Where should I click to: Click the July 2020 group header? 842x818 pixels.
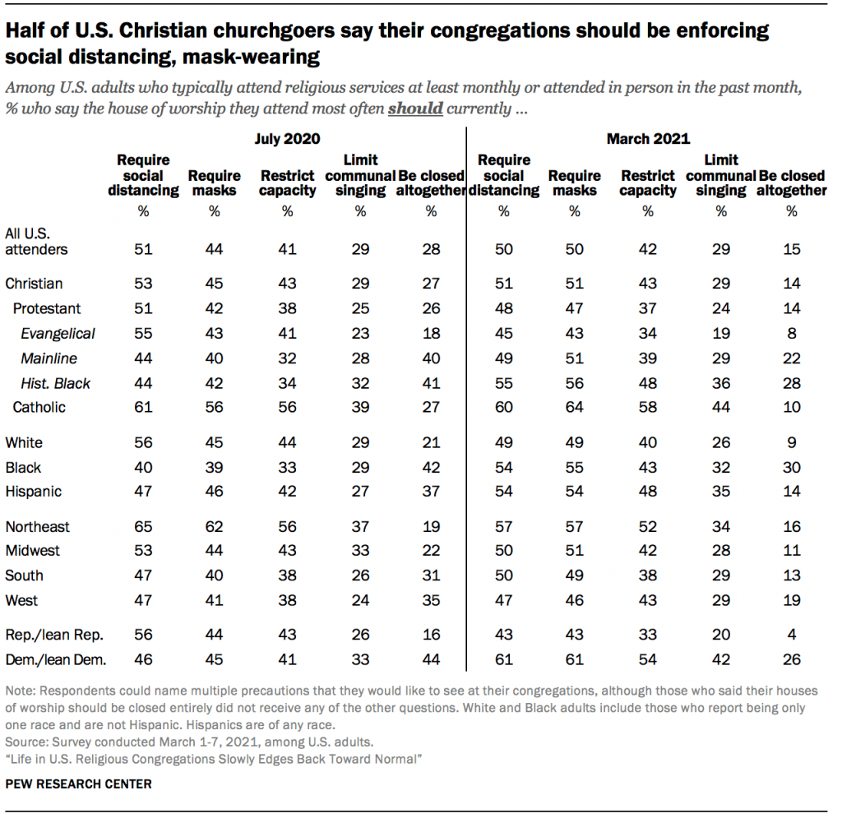click(x=287, y=139)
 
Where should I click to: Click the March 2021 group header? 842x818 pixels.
click(x=648, y=139)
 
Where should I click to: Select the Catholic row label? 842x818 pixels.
click(x=39, y=407)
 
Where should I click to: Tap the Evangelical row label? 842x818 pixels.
click(x=58, y=333)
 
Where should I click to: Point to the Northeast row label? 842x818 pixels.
click(x=37, y=526)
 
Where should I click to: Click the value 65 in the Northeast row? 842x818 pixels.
click(x=143, y=526)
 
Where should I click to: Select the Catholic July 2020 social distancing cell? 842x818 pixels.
click(x=143, y=407)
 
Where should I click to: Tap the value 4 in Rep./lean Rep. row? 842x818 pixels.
click(x=792, y=634)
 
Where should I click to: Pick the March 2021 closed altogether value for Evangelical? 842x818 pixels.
click(x=792, y=333)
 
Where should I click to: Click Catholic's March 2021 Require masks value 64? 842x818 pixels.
click(x=575, y=407)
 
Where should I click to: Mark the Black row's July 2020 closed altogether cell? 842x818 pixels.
click(x=431, y=467)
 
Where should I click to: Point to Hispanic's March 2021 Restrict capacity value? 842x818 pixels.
click(x=648, y=492)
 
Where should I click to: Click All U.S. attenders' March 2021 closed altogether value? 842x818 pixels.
click(x=792, y=249)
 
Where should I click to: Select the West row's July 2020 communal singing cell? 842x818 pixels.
click(x=359, y=600)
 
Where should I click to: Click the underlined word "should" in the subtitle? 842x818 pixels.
click(x=415, y=109)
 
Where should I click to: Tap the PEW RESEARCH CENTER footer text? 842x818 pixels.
click(x=78, y=783)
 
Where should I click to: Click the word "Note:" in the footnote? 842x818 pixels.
click(x=21, y=694)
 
